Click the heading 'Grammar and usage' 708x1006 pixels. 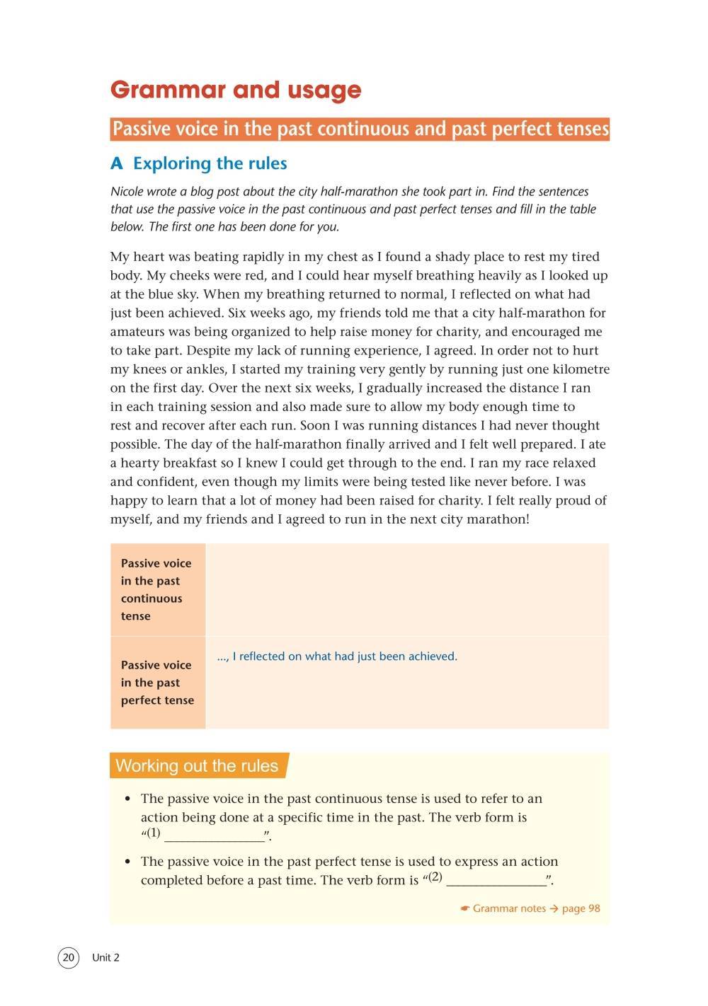tap(236, 90)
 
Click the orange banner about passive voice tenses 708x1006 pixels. tap(360, 129)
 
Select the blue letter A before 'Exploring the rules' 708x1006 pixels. tap(117, 164)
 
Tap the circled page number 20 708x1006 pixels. tap(68, 958)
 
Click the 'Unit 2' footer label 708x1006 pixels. tap(105, 958)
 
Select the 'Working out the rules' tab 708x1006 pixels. tap(198, 766)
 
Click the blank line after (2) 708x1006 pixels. tap(496, 881)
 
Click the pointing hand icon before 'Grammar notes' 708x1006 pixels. tap(464, 908)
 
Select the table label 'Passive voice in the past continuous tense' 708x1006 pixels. tap(156, 589)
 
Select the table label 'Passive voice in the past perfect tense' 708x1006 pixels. tap(156, 683)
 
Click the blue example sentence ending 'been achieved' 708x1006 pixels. tap(337, 657)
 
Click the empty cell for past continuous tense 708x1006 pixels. tap(407, 589)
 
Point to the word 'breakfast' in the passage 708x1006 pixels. tap(183, 463)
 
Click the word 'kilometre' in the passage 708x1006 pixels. tap(578, 369)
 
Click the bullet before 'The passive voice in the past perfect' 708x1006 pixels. tap(127, 862)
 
